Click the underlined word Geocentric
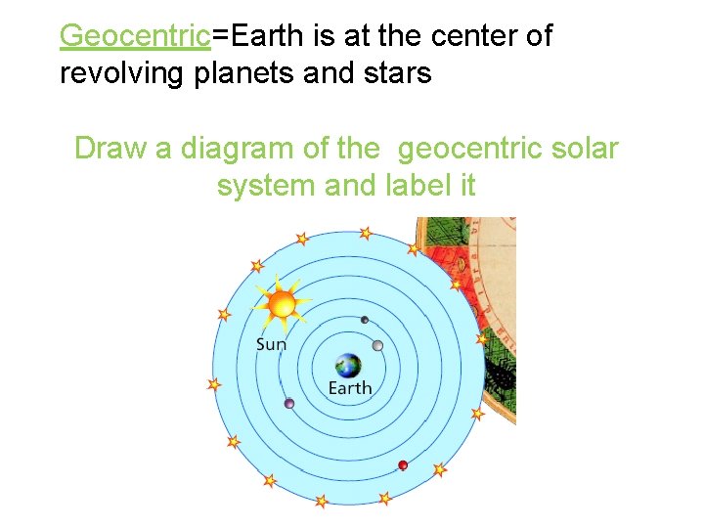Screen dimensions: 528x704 click(x=136, y=36)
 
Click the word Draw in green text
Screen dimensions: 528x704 click(x=110, y=149)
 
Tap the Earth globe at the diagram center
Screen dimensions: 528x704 click(x=347, y=367)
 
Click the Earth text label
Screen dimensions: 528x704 click(x=350, y=388)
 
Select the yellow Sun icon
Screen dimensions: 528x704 click(x=282, y=303)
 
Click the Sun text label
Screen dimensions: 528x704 click(x=271, y=343)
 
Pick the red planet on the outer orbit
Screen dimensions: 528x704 click(x=403, y=464)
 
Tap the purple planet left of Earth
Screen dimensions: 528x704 click(x=289, y=403)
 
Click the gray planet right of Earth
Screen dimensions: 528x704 click(x=377, y=344)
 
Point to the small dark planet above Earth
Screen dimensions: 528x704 click(x=365, y=320)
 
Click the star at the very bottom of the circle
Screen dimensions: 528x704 click(x=321, y=501)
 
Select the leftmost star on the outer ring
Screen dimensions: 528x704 click(x=214, y=384)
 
